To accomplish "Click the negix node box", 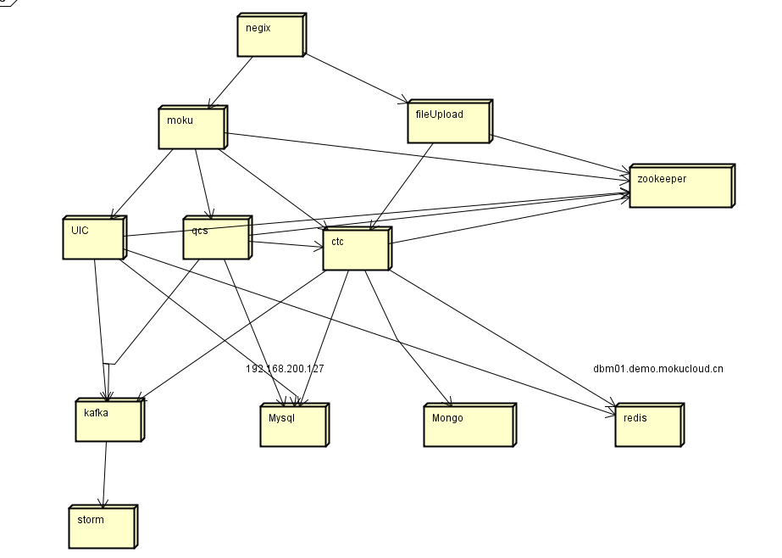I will pos(269,36).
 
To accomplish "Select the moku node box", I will pos(192,128).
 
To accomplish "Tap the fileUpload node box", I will pos(448,122).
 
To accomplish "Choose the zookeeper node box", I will pos(679,187).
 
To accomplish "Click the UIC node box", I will pos(93,238).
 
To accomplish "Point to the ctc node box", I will pos(356,249).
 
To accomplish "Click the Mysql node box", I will pos(292,425).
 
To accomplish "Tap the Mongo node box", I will pos(468,425).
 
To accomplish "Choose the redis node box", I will pos(646,425).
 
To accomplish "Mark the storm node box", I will pos(101,527).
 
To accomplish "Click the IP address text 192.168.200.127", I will pos(285,369).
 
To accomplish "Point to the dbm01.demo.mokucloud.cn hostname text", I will pos(658,369).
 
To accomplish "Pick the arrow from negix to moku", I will pos(230,81).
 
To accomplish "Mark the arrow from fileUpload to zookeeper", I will pos(559,155).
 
